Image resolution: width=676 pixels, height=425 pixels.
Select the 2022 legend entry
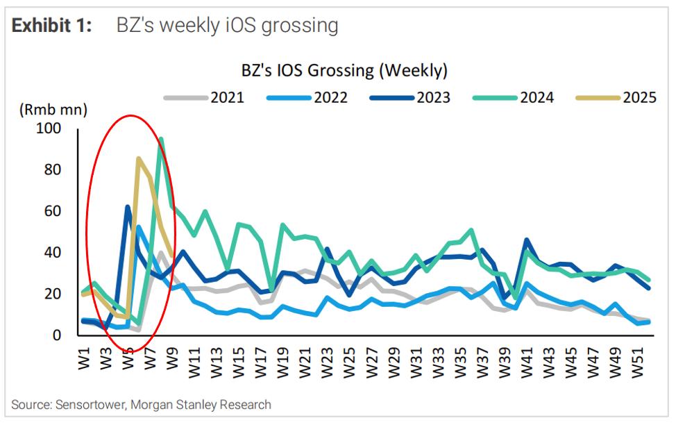pos(305,97)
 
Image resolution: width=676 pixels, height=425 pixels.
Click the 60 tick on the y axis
pos(53,211)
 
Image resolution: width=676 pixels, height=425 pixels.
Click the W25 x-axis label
pos(350,358)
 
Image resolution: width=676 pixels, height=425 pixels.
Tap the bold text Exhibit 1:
pos(53,26)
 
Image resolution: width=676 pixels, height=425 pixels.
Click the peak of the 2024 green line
pos(161,138)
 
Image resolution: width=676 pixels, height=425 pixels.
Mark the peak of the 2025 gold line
pos(139,159)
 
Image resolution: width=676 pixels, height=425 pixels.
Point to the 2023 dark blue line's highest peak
pos(128,206)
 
